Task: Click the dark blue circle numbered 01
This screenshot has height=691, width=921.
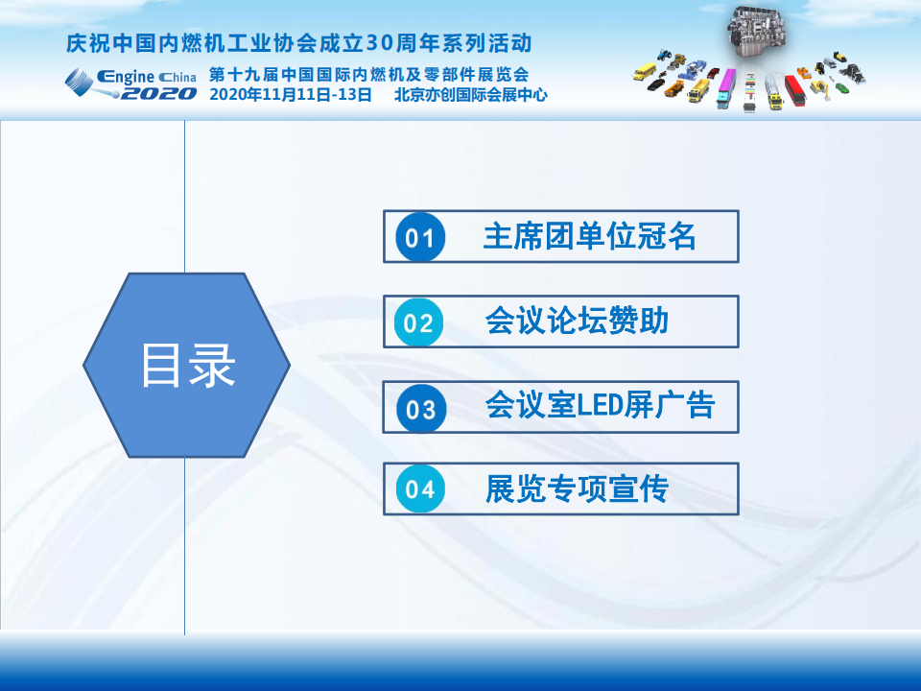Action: coord(420,237)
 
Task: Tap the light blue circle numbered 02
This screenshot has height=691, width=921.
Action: coord(418,322)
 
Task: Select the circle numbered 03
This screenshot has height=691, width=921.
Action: coord(421,409)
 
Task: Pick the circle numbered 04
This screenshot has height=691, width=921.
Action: coord(420,488)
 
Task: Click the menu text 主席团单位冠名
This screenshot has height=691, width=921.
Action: coord(589,236)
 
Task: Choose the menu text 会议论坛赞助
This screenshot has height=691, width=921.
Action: coord(577,321)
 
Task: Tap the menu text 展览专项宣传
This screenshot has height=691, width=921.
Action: coord(577,488)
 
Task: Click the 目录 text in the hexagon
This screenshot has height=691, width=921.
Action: coord(188,365)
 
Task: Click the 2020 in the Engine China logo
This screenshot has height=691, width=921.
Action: coord(158,93)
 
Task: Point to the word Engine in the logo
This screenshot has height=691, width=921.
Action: coord(126,77)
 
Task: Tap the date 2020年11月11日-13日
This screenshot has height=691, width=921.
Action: coord(291,95)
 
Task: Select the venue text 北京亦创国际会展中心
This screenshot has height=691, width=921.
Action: coord(470,95)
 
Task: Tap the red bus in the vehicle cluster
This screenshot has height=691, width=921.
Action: coord(794,91)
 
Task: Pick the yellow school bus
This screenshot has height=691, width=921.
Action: coord(645,72)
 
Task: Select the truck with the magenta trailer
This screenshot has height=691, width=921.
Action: coord(726,88)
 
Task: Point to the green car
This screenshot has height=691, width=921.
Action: coord(841,87)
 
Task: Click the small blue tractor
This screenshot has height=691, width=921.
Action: coord(664,56)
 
